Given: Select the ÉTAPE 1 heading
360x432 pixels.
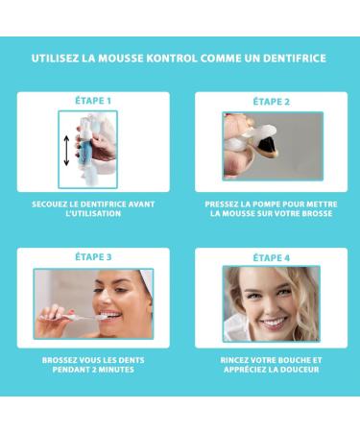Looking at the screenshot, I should tap(92, 100).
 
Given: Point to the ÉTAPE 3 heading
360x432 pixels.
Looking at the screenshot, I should tap(92, 256).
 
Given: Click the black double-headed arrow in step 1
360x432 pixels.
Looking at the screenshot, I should tap(66, 151).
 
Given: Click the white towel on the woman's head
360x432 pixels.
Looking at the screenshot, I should tap(139, 286).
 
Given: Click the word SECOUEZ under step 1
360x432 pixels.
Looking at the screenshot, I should tap(53, 204).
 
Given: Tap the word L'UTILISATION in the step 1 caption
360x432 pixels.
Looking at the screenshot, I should tap(93, 213).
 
